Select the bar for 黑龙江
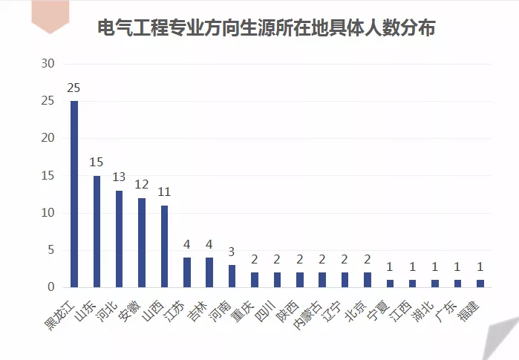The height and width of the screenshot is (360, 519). [74, 194]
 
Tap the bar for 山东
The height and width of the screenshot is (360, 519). [97, 231]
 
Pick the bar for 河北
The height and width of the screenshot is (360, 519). [119, 238]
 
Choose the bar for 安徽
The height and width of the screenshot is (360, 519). [141, 242]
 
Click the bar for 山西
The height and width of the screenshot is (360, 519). [164, 246]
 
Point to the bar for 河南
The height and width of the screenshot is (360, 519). [232, 275]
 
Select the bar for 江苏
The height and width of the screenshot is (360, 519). [186, 272]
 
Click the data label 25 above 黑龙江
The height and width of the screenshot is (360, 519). [74, 88]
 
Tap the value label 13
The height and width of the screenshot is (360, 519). [119, 177]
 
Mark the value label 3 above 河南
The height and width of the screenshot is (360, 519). [232, 252]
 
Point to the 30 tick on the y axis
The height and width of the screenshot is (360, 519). [48, 64]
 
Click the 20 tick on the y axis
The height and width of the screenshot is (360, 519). [48, 138]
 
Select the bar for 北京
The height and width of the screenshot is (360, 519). [367, 279]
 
